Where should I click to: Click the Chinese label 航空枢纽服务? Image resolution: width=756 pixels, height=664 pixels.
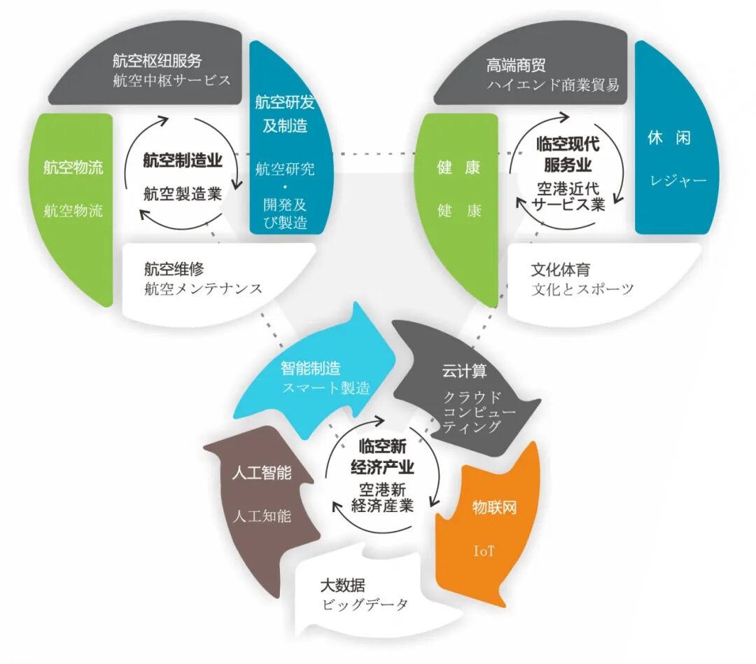(x=157, y=62)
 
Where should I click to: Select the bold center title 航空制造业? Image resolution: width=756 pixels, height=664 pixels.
(x=183, y=160)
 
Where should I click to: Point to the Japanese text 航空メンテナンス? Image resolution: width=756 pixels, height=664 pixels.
(x=203, y=289)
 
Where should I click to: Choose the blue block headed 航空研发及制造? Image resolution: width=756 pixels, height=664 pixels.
(x=281, y=140)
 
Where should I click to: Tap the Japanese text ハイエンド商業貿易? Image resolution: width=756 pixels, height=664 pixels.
(x=553, y=85)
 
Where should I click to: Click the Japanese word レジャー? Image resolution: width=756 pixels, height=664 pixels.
(x=678, y=181)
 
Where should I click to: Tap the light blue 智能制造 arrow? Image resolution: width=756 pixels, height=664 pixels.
(x=315, y=378)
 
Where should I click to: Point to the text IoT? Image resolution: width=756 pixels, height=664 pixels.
(x=484, y=551)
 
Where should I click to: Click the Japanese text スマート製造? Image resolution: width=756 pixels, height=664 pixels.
(x=325, y=387)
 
